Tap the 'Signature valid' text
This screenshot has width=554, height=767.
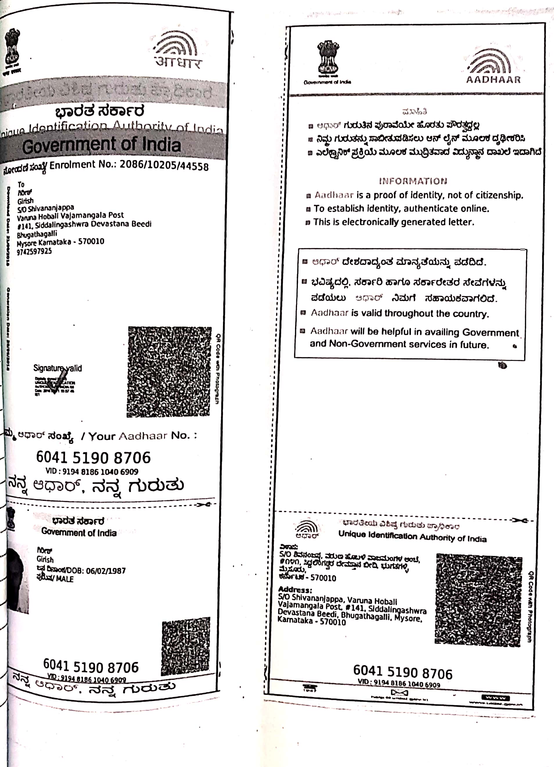pyautogui.click(x=57, y=368)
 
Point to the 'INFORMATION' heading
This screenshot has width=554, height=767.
pyautogui.click(x=413, y=181)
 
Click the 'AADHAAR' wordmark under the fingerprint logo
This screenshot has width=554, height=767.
pyautogui.click(x=493, y=80)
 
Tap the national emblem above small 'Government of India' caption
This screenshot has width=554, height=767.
pyautogui.click(x=328, y=58)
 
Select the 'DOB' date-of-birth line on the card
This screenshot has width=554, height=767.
pyautogui.click(x=81, y=571)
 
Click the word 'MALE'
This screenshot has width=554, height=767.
pyautogui.click(x=65, y=579)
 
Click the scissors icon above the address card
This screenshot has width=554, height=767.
pyautogui.click(x=519, y=520)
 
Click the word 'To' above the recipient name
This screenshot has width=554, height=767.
pyautogui.click(x=21, y=184)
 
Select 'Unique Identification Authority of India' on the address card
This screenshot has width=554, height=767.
pyautogui.click(x=412, y=536)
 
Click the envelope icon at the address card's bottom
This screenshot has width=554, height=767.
pyautogui.click(x=399, y=693)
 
